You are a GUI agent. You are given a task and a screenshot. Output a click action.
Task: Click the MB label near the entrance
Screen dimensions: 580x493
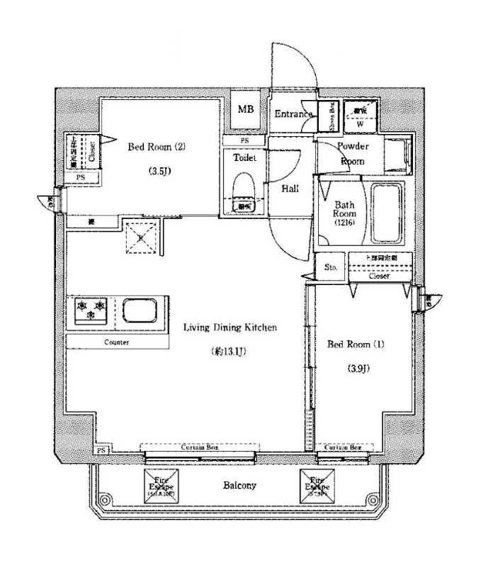click(x=246, y=110)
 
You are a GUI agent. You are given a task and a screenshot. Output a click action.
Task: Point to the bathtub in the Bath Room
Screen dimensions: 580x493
click(x=386, y=212)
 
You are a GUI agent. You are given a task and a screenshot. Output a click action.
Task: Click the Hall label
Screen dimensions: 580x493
click(x=290, y=189)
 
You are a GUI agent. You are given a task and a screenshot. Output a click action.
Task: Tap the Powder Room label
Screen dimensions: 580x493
click(x=352, y=153)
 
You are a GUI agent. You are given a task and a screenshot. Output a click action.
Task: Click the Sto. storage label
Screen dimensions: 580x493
click(x=331, y=267)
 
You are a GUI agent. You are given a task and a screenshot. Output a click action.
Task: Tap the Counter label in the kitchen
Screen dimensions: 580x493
click(x=116, y=342)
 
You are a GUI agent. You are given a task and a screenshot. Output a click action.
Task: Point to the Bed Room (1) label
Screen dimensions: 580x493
click(x=356, y=345)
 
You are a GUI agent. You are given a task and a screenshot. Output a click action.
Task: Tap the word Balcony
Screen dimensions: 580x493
click(x=239, y=486)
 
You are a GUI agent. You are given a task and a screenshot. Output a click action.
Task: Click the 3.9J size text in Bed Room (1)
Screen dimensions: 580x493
click(x=356, y=368)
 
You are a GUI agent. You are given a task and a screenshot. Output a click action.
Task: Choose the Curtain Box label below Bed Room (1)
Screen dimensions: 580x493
click(x=343, y=448)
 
